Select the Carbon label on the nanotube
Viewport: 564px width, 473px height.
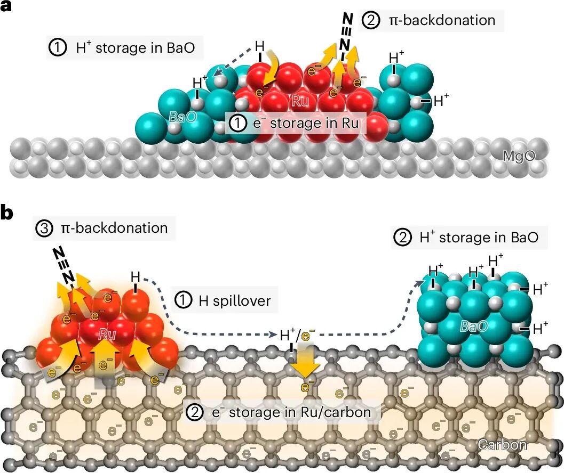tap(502, 444)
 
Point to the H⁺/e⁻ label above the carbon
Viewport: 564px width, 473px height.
tap(297, 336)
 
